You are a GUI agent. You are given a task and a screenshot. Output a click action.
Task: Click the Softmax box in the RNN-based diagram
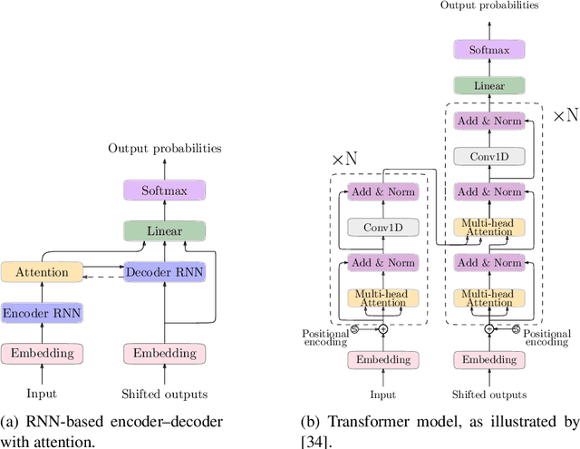(164, 190)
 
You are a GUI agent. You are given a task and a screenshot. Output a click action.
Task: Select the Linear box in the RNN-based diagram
(164, 231)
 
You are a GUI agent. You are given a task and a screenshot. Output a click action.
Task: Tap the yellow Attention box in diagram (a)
(43, 271)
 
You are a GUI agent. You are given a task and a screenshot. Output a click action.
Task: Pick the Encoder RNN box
(43, 312)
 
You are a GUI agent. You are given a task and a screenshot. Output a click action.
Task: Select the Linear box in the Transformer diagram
(488, 85)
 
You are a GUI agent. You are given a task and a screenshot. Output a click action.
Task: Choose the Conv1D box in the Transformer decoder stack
(488, 155)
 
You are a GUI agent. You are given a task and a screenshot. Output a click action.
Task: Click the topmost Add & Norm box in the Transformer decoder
(488, 122)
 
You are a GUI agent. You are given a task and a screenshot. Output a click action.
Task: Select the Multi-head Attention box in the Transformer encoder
(382, 298)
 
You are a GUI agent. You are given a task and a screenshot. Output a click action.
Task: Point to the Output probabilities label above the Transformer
(488, 6)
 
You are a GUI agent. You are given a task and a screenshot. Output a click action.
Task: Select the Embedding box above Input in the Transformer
(382, 359)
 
